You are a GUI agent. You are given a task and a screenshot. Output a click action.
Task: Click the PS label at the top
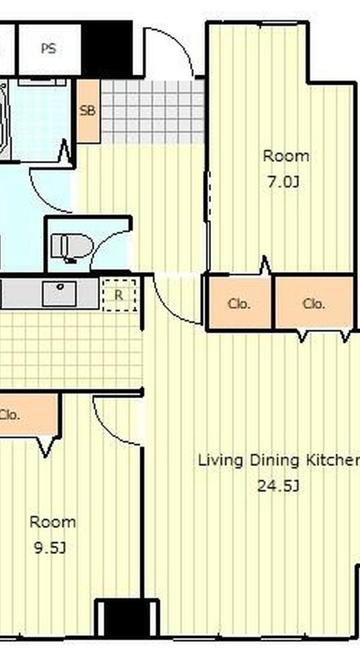[48, 48]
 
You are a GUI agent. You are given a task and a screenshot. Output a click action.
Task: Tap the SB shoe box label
[87, 111]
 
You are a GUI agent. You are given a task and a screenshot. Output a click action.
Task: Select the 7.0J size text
[283, 182]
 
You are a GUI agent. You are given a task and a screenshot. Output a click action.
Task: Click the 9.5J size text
[50, 548]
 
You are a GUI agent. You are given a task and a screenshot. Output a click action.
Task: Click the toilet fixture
[71, 248]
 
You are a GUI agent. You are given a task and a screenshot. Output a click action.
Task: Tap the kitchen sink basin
[59, 293]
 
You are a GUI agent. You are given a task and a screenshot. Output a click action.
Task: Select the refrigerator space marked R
[119, 295]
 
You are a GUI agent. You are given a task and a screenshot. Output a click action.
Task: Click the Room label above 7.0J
[286, 156]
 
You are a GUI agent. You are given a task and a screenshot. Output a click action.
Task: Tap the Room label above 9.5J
[52, 522]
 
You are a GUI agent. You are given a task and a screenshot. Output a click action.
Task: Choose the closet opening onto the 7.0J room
[240, 303]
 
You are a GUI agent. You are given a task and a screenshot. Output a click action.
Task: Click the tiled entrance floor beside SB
[152, 111]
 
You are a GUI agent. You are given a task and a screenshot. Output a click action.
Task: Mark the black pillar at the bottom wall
[128, 617]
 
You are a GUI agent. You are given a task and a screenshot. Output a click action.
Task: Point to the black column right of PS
[107, 48]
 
